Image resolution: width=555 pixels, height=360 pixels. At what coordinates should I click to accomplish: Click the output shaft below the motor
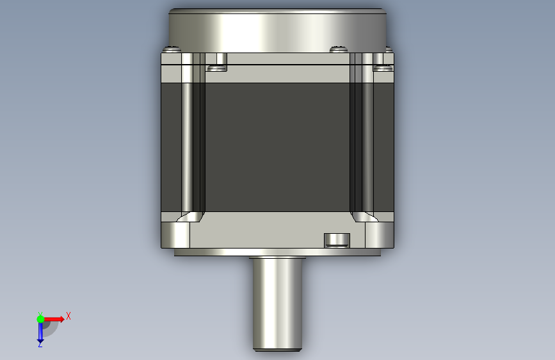point(278,304)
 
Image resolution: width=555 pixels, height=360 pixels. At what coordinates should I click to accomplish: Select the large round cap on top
point(278,31)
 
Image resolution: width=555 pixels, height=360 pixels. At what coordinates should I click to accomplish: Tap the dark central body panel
point(278,147)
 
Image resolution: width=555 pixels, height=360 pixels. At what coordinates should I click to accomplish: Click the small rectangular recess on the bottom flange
point(337,240)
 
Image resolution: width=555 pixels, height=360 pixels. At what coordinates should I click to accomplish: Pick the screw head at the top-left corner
point(172,49)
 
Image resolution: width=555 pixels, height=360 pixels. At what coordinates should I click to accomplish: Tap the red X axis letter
point(68,316)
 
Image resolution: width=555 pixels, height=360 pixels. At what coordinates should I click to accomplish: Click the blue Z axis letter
point(40,344)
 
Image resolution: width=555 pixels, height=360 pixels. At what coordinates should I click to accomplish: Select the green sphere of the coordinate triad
point(40,319)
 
